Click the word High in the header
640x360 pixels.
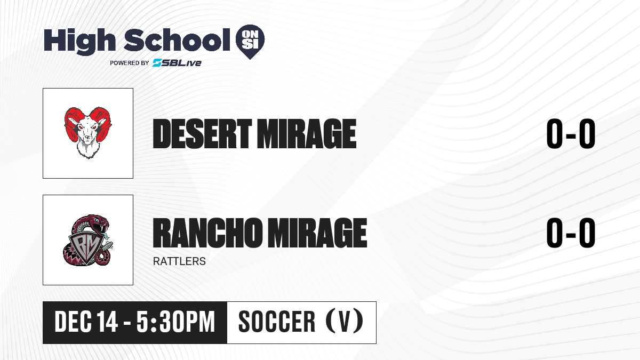[79, 42]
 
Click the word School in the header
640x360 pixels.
[177, 40]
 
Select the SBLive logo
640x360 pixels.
[177, 62]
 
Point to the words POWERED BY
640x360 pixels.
[130, 63]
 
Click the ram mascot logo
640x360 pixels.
[87, 133]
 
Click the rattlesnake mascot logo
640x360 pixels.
[87, 240]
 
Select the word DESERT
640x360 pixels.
[202, 133]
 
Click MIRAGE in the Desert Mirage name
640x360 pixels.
[307, 133]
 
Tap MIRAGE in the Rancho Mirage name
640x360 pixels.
[317, 233]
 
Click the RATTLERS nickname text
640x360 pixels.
[179, 261]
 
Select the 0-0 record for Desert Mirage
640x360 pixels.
[571, 134]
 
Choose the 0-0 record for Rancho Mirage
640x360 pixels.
[571, 233]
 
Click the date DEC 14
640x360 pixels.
[86, 322]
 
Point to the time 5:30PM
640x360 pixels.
[175, 322]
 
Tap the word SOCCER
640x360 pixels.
[277, 322]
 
